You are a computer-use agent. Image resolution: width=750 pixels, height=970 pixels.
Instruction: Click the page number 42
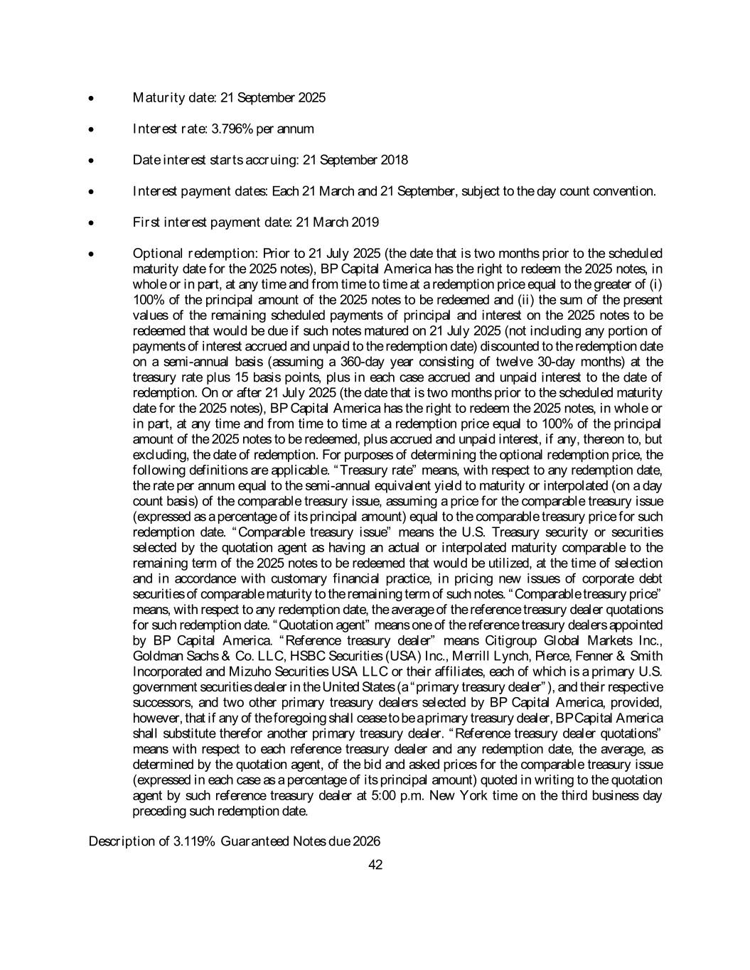[376, 865]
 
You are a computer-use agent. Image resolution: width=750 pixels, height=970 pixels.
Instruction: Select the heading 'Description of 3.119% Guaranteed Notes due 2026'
[234, 841]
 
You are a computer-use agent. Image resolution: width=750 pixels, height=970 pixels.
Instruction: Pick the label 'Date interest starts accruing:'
[215, 160]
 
